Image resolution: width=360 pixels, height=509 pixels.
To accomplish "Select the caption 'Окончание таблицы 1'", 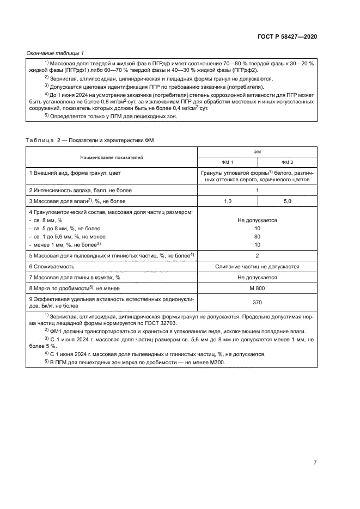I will coord(55,53).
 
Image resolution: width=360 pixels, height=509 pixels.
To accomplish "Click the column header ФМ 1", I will coord(227,162).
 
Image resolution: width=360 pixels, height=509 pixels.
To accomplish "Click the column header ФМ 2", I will coord(287,162).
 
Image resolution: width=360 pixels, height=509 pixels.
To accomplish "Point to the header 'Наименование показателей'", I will coord(112,157).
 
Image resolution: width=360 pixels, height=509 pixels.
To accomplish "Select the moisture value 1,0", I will coord(227,201).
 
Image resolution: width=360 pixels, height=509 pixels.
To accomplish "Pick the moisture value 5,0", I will coord(287,201).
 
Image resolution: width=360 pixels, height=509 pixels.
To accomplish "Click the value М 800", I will coord(257,288).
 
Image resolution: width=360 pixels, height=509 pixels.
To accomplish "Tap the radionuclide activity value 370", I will coord(257,302).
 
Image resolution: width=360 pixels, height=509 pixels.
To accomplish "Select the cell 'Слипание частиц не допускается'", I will coord(257,267).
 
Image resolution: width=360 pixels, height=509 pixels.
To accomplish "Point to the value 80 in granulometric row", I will coord(257,237).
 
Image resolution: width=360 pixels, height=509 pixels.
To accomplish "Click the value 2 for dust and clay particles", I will coord(257,255).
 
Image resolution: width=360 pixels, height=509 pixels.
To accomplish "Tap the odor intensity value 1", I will coord(257,191).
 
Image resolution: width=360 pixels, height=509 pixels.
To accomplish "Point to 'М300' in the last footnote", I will coord(223,363).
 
